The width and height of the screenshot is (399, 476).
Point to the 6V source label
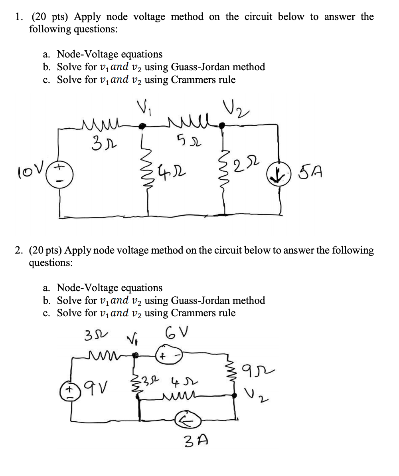pyautogui.click(x=174, y=332)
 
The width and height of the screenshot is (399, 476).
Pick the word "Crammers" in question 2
pyautogui.click(x=190, y=313)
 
